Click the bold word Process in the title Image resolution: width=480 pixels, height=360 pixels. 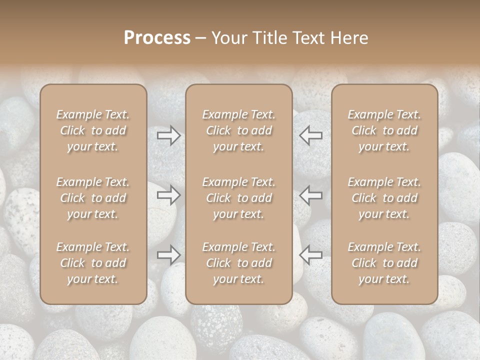(157, 38)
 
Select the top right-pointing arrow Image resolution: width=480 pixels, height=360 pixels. (169, 135)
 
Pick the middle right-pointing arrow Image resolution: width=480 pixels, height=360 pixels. (169, 195)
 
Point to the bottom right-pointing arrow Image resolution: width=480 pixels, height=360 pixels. (169, 254)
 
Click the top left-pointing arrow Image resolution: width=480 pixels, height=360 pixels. (311, 135)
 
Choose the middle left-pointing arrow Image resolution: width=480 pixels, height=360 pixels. (311, 195)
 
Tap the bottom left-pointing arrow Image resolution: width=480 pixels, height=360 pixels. (311, 254)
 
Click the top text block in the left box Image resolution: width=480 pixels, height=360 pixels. (93, 130)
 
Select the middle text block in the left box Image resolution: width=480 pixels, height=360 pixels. (93, 198)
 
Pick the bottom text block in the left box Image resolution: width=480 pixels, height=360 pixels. (93, 263)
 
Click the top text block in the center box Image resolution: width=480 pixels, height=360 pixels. (238, 130)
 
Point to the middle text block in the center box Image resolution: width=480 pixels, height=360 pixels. (238, 198)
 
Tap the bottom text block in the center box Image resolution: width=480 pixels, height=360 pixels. (238, 263)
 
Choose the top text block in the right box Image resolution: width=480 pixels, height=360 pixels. (384, 130)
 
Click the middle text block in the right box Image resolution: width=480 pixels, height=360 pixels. (384, 198)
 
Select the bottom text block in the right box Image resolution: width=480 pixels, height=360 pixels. (384, 263)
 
